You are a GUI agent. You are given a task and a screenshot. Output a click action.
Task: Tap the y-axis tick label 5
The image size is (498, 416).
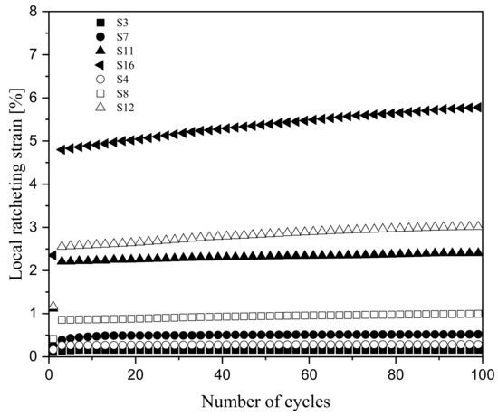34,142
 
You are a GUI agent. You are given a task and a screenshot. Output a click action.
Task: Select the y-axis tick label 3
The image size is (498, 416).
34,228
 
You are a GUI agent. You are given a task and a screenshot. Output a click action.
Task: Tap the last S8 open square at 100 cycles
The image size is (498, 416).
479,313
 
